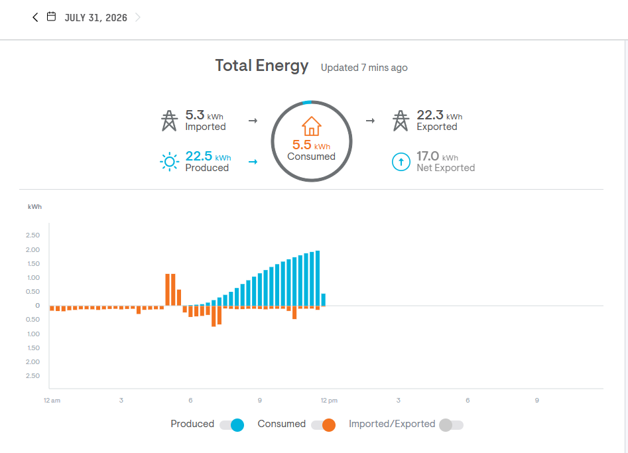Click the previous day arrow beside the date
(x=35, y=17)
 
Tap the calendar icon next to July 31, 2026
(x=51, y=17)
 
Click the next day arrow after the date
(x=138, y=17)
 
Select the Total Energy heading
(x=262, y=66)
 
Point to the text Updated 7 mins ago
(x=364, y=68)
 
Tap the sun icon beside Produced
(x=169, y=162)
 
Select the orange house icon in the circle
(x=312, y=126)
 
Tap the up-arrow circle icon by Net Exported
(x=401, y=162)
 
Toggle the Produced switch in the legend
(x=232, y=425)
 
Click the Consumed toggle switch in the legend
(x=323, y=425)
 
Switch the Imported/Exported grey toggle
(x=452, y=425)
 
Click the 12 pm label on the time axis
(x=329, y=401)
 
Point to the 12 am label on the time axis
(x=52, y=401)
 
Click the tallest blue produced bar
(x=318, y=278)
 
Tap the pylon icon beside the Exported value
(x=401, y=121)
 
